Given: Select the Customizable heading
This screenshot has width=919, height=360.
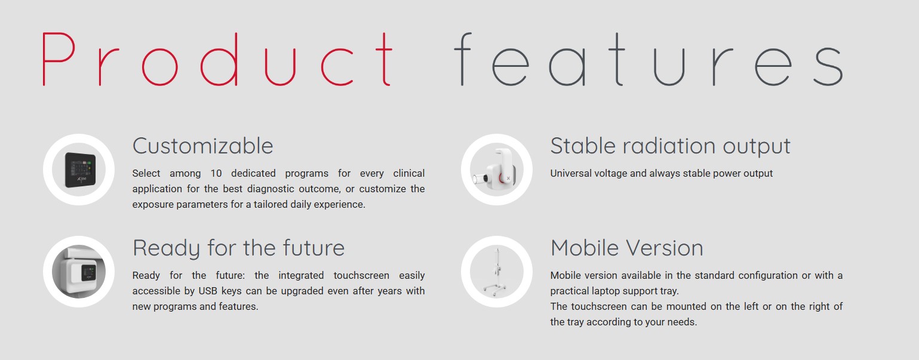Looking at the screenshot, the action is tap(202, 146).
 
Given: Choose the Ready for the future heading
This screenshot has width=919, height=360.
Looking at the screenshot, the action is tap(238, 248).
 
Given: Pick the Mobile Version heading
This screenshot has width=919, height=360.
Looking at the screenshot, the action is tap(627, 248).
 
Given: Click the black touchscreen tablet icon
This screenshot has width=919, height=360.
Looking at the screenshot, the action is tap(80, 170).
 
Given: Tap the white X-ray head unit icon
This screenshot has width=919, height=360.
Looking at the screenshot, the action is tap(495, 169).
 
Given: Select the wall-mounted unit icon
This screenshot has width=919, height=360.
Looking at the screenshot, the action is tap(79, 272).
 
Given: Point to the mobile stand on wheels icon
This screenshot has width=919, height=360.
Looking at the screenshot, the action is tap(497, 272).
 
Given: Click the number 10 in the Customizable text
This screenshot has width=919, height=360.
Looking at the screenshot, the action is tap(216, 174).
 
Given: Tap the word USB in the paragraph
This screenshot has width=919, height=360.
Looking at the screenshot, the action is tap(208, 291).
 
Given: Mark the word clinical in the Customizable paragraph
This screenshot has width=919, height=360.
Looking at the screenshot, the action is tap(408, 174).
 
